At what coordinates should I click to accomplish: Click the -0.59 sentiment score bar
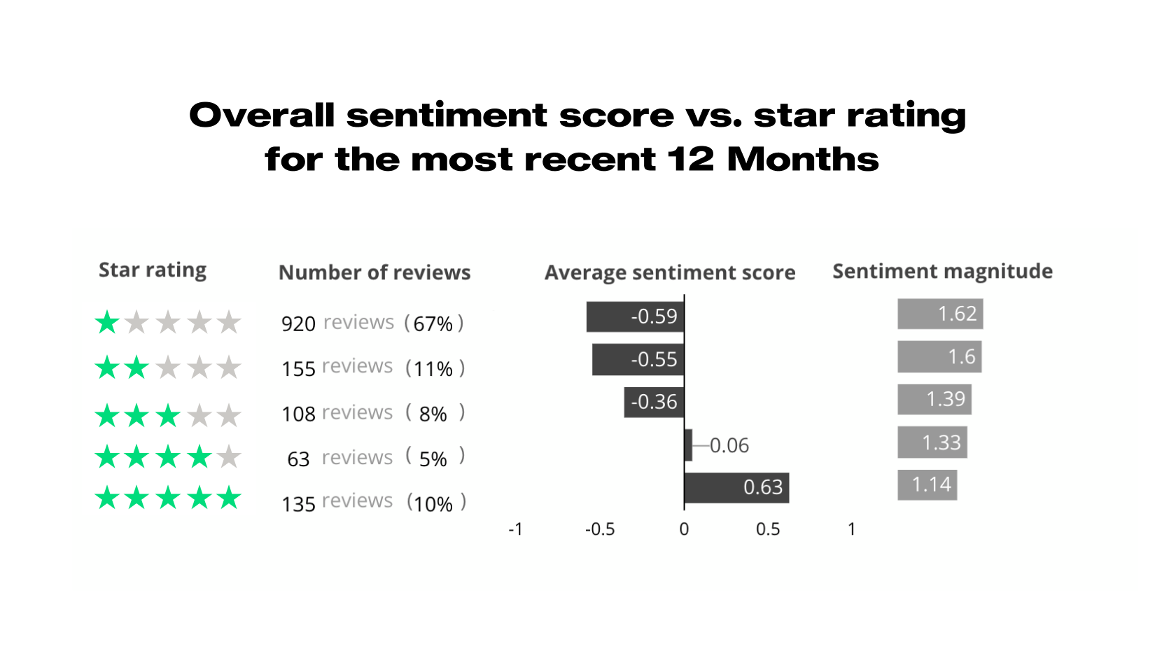pos(635,316)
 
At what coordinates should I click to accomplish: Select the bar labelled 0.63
pos(736,487)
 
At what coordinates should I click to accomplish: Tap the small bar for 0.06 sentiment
pos(688,445)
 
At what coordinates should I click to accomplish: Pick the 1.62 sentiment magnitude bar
pos(940,314)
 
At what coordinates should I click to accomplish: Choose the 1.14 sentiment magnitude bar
pos(927,484)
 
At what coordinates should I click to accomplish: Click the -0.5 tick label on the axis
pos(600,529)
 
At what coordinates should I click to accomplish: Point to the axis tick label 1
pos(851,529)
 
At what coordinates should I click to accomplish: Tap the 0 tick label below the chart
pos(684,529)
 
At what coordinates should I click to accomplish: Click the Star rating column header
pos(153,270)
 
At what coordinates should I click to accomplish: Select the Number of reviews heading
pos(374,272)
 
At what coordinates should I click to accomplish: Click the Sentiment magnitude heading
pos(942,272)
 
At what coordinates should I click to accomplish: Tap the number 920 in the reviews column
pos(298,324)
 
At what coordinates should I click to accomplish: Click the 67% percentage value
pos(433,324)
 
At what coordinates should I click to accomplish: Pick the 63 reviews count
pos(298,459)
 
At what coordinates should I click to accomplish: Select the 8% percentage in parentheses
pos(433,414)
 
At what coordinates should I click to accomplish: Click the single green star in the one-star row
pos(107,323)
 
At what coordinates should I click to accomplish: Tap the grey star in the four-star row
pos(229,457)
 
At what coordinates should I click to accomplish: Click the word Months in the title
pos(802,160)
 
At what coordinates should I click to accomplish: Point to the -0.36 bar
pos(654,402)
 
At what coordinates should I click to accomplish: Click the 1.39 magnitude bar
pos(934,399)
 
